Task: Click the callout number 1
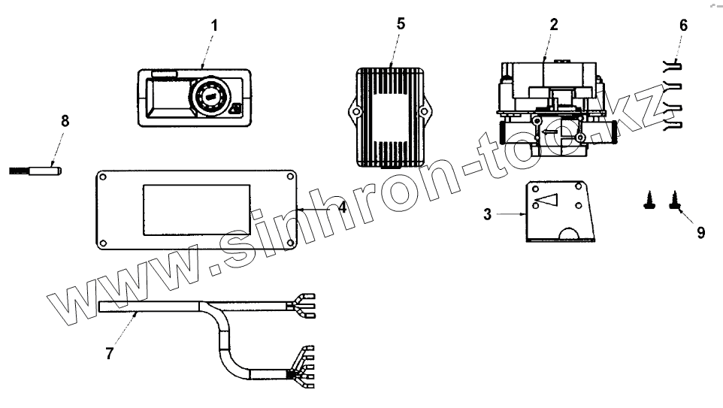coord(213,25)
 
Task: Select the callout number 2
coord(554,23)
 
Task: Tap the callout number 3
coord(488,215)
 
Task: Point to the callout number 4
coord(342,207)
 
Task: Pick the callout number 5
coord(401,23)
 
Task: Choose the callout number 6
coord(683,25)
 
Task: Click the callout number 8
coord(65,120)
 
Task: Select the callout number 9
coord(700,233)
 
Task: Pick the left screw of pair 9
coord(649,199)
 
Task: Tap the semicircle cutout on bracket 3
coord(569,234)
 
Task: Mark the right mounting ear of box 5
coord(425,113)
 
